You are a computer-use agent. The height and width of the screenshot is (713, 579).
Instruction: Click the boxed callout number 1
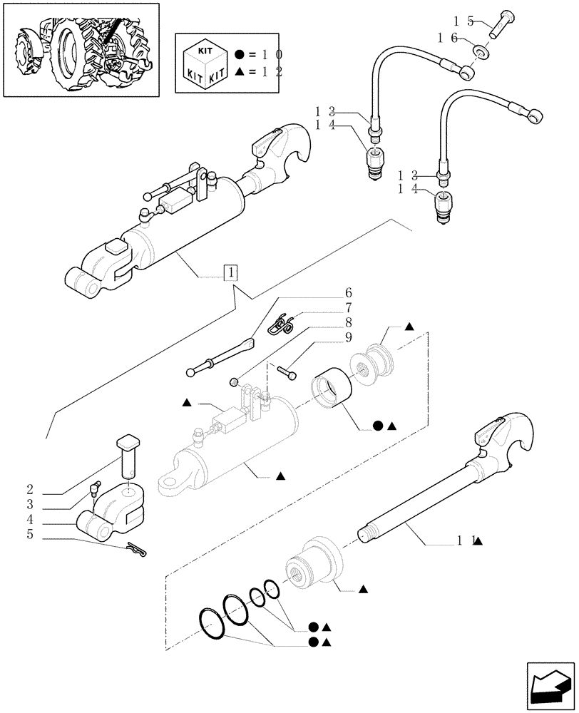coord(232,272)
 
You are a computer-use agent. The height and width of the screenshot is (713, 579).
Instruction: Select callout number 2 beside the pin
coord(30,490)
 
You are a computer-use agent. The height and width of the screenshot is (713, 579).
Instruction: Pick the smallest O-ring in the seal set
coord(271,589)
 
